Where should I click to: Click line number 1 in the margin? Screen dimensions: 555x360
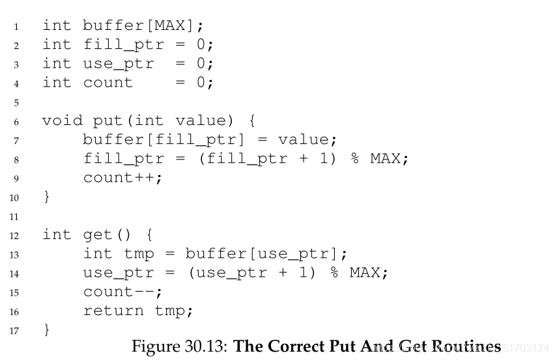pyautogui.click(x=16, y=27)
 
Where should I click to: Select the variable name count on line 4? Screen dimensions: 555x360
pyautogui.click(x=107, y=83)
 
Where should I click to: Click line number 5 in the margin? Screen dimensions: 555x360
pyautogui.click(x=16, y=102)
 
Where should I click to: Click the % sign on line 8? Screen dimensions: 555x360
pyautogui.click(x=356, y=159)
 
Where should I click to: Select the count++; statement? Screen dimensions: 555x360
pyautogui.click(x=122, y=178)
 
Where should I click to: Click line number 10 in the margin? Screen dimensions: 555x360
pyautogui.click(x=14, y=197)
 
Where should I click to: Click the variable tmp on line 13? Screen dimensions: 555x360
pyautogui.click(x=138, y=253)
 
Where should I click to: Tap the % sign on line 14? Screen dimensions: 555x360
pyautogui.click(x=335, y=272)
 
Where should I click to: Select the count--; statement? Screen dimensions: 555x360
pyautogui.click(x=122, y=291)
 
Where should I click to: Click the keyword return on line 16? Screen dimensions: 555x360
pyautogui.click(x=113, y=311)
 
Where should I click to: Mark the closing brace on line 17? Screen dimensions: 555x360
pyautogui.click(x=46, y=329)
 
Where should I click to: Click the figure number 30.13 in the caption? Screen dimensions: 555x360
pyautogui.click(x=203, y=346)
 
